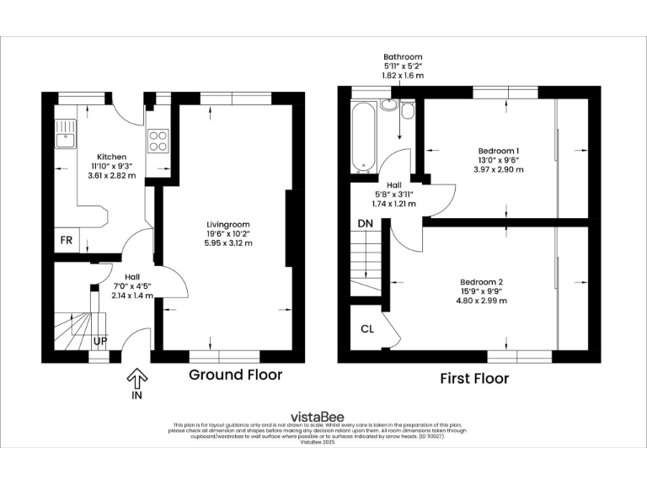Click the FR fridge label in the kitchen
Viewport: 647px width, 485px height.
pyautogui.click(x=66, y=240)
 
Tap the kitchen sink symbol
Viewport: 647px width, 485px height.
pyautogui.click(x=65, y=130)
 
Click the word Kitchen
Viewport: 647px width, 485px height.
pyautogui.click(x=112, y=157)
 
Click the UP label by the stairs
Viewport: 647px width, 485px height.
pyautogui.click(x=100, y=342)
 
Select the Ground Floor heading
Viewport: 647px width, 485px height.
pyautogui.click(x=235, y=375)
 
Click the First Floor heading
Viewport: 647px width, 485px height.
pyautogui.click(x=474, y=379)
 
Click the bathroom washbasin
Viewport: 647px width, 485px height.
pyautogui.click(x=389, y=106)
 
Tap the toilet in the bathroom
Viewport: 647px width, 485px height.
pyautogui.click(x=408, y=110)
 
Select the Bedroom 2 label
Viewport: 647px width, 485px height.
pyautogui.click(x=483, y=281)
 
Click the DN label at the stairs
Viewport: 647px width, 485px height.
pyautogui.click(x=365, y=223)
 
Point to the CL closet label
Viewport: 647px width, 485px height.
pyautogui.click(x=367, y=329)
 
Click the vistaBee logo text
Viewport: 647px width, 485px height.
pyautogui.click(x=323, y=416)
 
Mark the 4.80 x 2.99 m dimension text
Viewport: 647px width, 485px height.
pyautogui.click(x=483, y=300)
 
